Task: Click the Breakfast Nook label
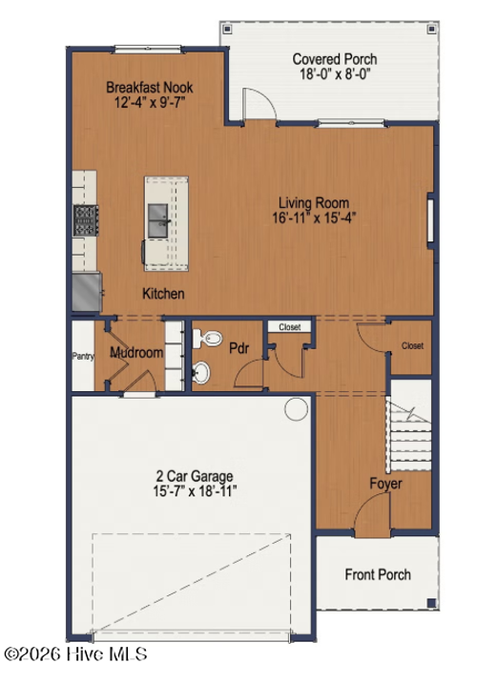[x=149, y=87]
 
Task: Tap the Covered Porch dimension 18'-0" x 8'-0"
[x=335, y=74]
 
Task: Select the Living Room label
[x=314, y=203]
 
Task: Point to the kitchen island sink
[x=157, y=220]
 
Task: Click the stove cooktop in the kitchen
[x=86, y=220]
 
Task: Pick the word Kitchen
[x=163, y=294]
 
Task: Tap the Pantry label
[x=83, y=357]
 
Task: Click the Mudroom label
[x=136, y=352]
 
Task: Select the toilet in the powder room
[x=207, y=338]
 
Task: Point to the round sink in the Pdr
[x=201, y=373]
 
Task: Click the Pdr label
[x=239, y=348]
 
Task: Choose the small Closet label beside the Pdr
[x=290, y=326]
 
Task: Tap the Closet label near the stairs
[x=412, y=346]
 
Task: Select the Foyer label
[x=385, y=484]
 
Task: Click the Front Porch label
[x=378, y=574]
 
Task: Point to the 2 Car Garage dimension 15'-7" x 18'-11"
[x=195, y=491]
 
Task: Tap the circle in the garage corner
[x=296, y=409]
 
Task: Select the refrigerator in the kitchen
[x=87, y=292]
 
